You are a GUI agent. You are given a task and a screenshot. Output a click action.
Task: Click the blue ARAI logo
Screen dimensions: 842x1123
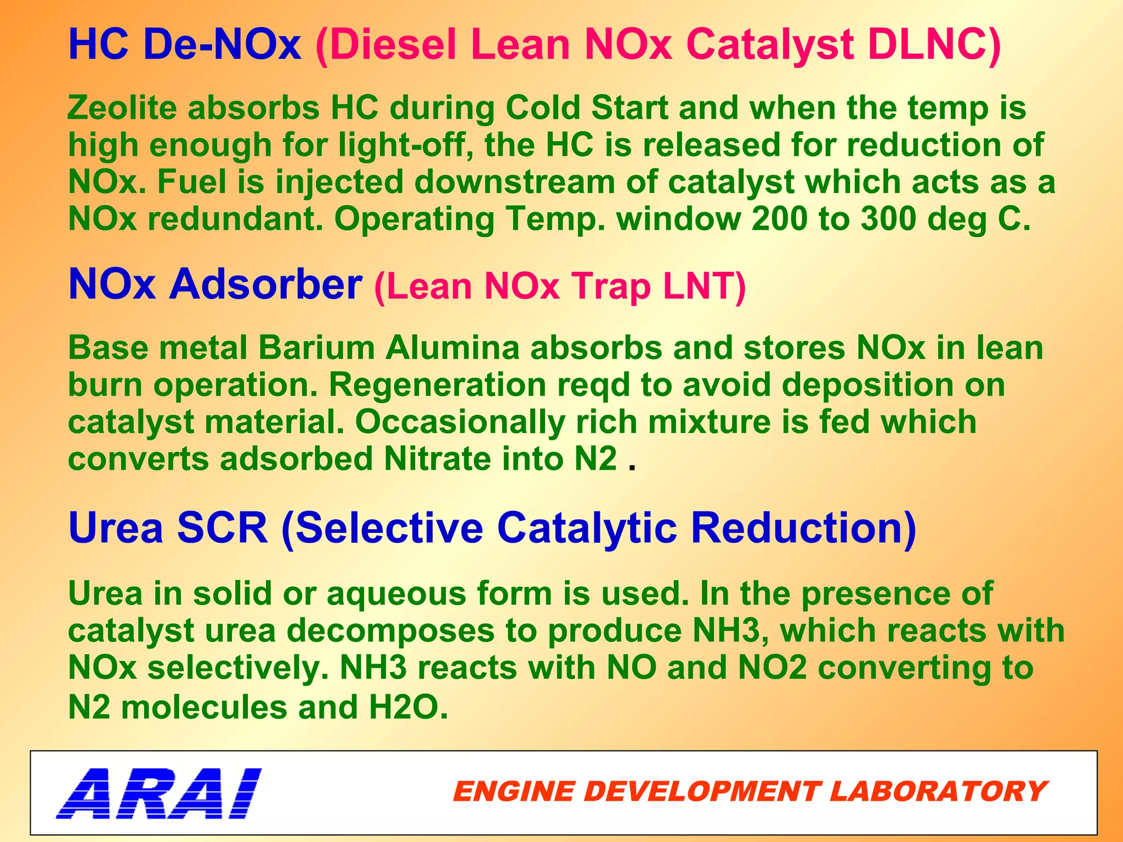159,793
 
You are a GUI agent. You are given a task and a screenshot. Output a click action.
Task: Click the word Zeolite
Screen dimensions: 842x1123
122,107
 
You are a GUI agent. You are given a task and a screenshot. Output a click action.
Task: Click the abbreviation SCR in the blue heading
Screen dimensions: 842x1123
223,528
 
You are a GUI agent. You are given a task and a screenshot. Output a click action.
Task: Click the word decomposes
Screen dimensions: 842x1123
390,631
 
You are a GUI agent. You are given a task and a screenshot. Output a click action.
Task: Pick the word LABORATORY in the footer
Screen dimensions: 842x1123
938,792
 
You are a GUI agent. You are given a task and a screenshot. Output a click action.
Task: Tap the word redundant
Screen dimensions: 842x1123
235,219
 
